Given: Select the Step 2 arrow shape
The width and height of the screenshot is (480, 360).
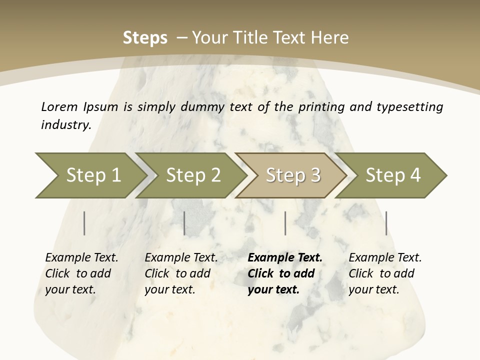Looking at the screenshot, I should click(x=193, y=175).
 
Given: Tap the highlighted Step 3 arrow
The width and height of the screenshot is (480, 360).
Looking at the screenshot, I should click(x=293, y=175).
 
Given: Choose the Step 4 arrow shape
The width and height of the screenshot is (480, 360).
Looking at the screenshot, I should click(x=393, y=175).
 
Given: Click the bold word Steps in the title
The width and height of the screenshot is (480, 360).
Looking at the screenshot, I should click(x=145, y=37).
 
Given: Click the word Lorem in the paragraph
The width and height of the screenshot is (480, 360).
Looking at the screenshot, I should click(x=59, y=106).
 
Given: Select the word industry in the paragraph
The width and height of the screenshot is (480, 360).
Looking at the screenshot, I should click(x=66, y=124).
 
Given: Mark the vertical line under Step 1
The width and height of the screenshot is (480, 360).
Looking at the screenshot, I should click(x=84, y=223).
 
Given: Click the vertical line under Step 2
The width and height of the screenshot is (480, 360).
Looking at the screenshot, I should click(x=184, y=223).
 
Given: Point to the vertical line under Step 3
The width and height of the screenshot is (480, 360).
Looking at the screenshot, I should click(x=285, y=223).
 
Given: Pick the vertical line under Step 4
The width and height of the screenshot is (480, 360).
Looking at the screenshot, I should click(x=386, y=223).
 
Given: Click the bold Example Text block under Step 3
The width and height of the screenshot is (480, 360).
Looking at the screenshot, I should click(x=285, y=273).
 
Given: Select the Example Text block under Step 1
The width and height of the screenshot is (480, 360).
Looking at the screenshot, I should click(x=81, y=273).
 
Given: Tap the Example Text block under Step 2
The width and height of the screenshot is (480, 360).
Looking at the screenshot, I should click(x=181, y=273).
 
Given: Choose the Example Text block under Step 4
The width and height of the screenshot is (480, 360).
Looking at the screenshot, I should click(x=385, y=273).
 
